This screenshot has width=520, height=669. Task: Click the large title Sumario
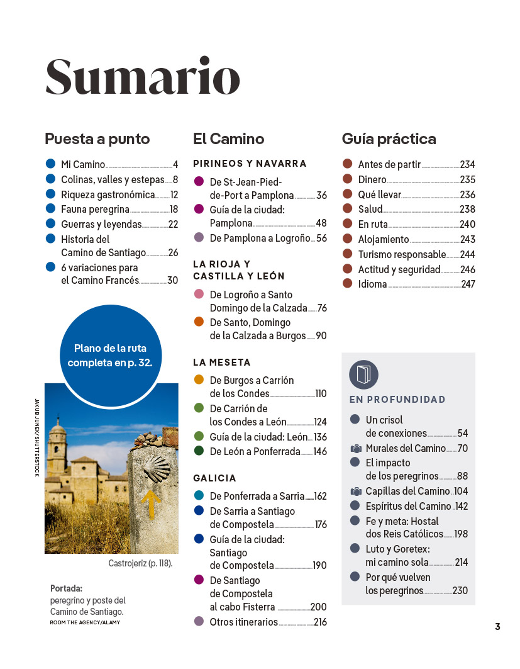tap(143, 77)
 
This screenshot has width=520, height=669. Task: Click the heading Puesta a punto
tap(97, 139)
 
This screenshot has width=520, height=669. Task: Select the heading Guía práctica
tap(389, 139)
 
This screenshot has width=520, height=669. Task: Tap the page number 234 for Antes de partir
tap(467, 165)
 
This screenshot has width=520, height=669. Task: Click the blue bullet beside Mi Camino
tap(51, 164)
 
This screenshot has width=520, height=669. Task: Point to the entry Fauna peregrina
tap(95, 210)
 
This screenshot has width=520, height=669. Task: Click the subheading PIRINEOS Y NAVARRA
tap(250, 164)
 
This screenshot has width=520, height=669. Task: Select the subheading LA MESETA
tap(222, 363)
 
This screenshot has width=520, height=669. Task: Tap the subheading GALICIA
tap(214, 478)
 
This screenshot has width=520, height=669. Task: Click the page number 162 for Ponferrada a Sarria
tap(320, 497)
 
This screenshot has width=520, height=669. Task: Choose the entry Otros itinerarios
tap(243, 622)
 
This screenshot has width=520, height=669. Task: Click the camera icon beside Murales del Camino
tap(355, 449)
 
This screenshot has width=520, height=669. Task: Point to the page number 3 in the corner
tap(497, 627)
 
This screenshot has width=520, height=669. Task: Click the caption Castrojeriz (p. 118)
tap(140, 564)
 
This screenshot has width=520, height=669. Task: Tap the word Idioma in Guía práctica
tap(372, 284)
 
